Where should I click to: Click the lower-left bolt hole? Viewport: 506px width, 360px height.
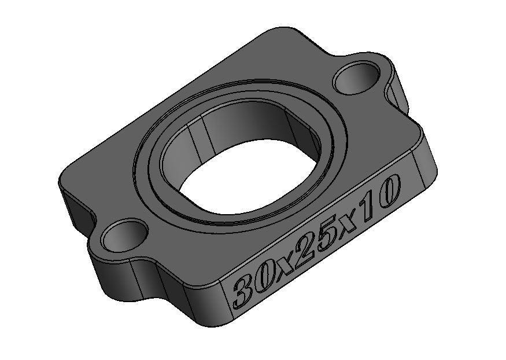pos(124,236)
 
